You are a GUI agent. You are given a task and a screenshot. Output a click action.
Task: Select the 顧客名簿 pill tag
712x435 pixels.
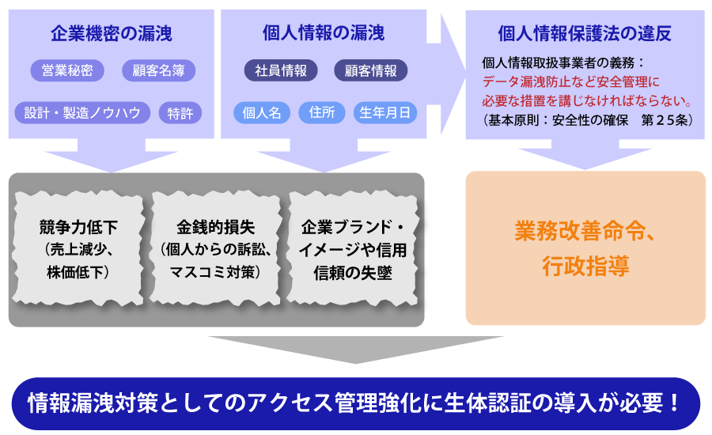pyautogui.click(x=158, y=70)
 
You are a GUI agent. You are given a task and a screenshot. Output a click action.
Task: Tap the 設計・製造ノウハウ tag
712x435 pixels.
pyautogui.click(x=82, y=112)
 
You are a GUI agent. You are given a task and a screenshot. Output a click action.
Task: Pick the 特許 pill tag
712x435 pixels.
pyautogui.click(x=180, y=112)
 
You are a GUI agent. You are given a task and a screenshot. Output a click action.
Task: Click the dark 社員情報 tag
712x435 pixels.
pyautogui.click(x=280, y=70)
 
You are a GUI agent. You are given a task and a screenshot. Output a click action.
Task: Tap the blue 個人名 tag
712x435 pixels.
pyautogui.click(x=262, y=112)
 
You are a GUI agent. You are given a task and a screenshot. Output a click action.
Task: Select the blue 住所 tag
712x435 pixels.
pyautogui.click(x=322, y=112)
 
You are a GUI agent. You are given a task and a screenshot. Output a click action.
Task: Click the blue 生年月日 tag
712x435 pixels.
pyautogui.click(x=385, y=112)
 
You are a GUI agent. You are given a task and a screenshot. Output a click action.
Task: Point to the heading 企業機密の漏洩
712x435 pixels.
pyautogui.click(x=111, y=33)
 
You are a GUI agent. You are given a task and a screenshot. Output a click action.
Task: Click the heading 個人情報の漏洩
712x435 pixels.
pyautogui.click(x=324, y=33)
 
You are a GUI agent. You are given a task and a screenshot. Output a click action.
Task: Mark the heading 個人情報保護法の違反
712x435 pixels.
pyautogui.click(x=585, y=33)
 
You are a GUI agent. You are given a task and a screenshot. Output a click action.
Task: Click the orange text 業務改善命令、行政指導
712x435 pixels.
pyautogui.click(x=585, y=248)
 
